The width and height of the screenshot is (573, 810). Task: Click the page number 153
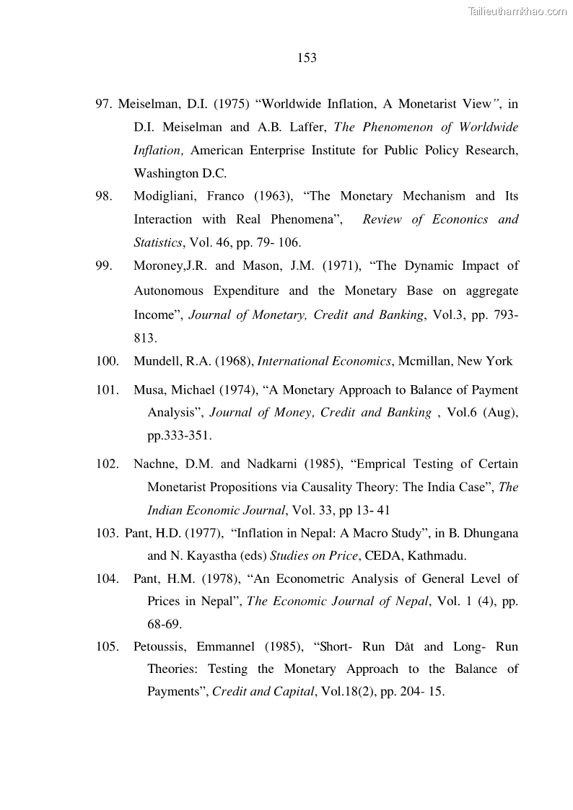click(307, 58)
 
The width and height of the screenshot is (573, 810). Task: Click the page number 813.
click(144, 338)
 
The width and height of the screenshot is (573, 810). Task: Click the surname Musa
click(148, 390)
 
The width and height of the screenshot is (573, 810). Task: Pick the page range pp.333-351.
click(180, 436)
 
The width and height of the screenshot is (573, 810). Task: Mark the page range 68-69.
click(165, 624)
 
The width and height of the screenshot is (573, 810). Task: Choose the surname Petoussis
click(159, 646)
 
